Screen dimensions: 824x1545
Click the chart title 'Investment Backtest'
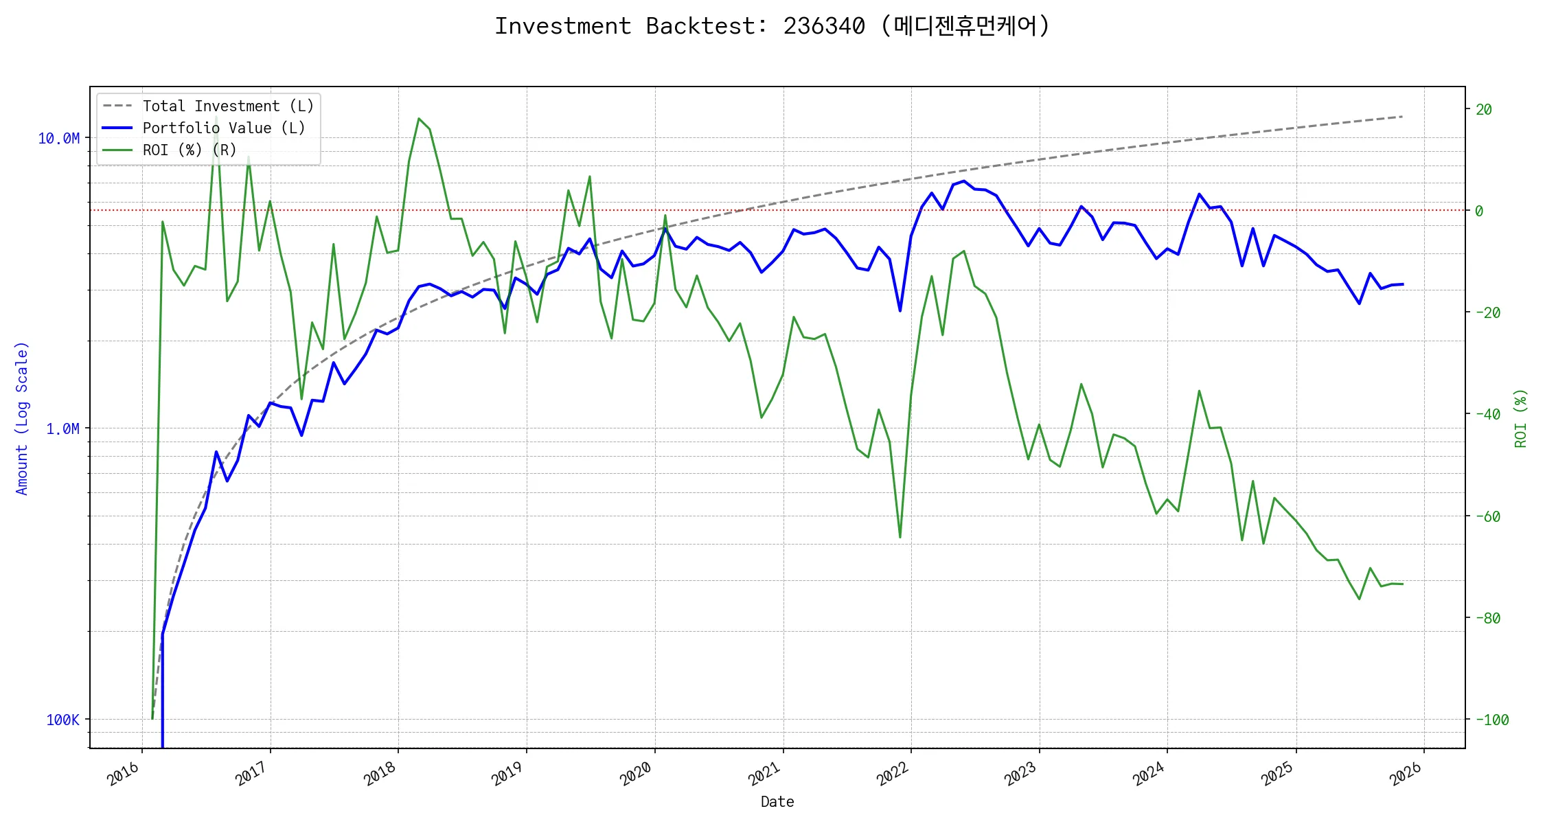point(772,26)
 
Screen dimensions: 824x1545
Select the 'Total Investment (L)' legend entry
point(227,106)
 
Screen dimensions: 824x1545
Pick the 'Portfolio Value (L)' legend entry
point(223,128)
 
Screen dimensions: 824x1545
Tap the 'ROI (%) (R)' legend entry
point(189,150)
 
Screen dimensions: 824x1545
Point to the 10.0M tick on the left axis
point(59,139)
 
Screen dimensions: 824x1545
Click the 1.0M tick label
point(62,429)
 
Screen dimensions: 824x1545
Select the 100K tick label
point(62,720)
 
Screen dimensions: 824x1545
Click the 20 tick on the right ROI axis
point(1483,110)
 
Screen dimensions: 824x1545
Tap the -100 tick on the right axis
point(1491,720)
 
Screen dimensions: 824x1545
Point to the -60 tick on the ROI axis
point(1487,516)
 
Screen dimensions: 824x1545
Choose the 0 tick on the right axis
point(1479,211)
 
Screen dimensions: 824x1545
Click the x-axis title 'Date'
point(777,802)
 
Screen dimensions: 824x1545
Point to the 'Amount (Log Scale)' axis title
point(22,417)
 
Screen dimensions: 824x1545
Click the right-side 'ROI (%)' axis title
point(1520,417)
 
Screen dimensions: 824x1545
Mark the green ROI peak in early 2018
point(419,119)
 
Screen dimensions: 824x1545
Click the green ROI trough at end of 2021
point(900,537)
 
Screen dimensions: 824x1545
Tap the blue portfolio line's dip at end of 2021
point(900,311)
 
